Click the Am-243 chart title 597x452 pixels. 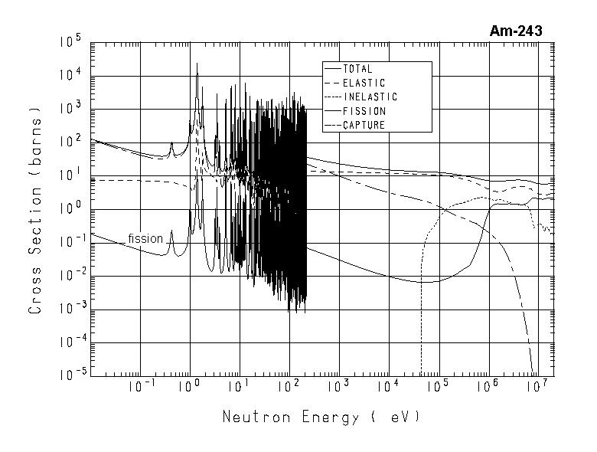click(515, 31)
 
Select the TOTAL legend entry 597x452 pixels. click(357, 69)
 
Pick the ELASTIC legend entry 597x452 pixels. click(364, 83)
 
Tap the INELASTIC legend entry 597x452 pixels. click(370, 97)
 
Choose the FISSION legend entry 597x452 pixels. click(364, 111)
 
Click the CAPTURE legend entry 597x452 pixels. click(364, 125)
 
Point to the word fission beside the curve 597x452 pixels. click(145, 238)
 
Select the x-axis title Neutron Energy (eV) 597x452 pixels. click(321, 418)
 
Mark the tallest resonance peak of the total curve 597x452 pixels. click(197, 64)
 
